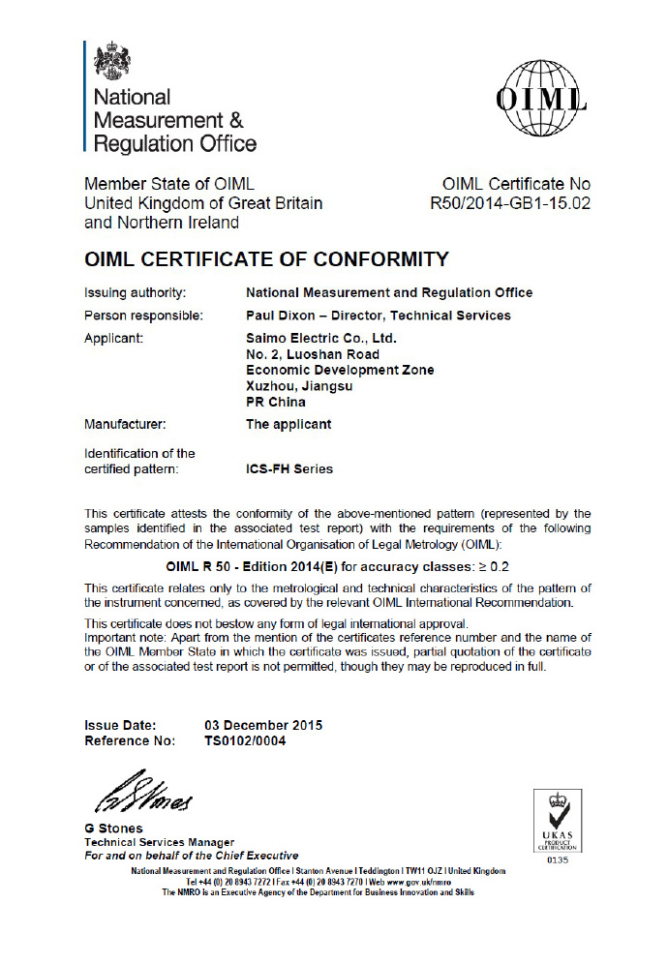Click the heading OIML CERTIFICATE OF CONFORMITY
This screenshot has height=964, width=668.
click(x=267, y=259)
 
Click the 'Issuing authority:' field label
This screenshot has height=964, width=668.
click(x=136, y=292)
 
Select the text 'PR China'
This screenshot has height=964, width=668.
click(x=276, y=402)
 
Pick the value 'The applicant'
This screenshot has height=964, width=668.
click(x=288, y=424)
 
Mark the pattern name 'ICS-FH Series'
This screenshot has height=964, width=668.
click(x=289, y=469)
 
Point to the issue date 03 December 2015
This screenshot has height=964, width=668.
click(x=263, y=725)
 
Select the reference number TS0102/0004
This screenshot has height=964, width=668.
click(x=245, y=741)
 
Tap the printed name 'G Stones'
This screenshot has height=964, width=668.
click(x=114, y=828)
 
